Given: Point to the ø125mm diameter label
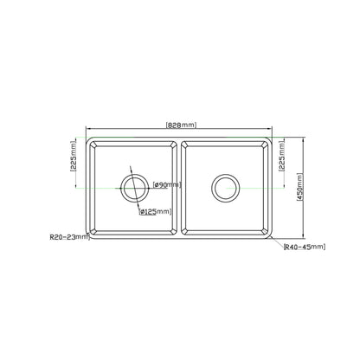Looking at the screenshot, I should coord(156,210).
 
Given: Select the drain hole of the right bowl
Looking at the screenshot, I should coord(224,185).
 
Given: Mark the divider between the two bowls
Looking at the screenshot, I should coord(180,186).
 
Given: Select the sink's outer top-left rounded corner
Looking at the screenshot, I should coord(88,139).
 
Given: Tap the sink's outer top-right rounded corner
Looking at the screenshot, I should coord(271,139).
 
